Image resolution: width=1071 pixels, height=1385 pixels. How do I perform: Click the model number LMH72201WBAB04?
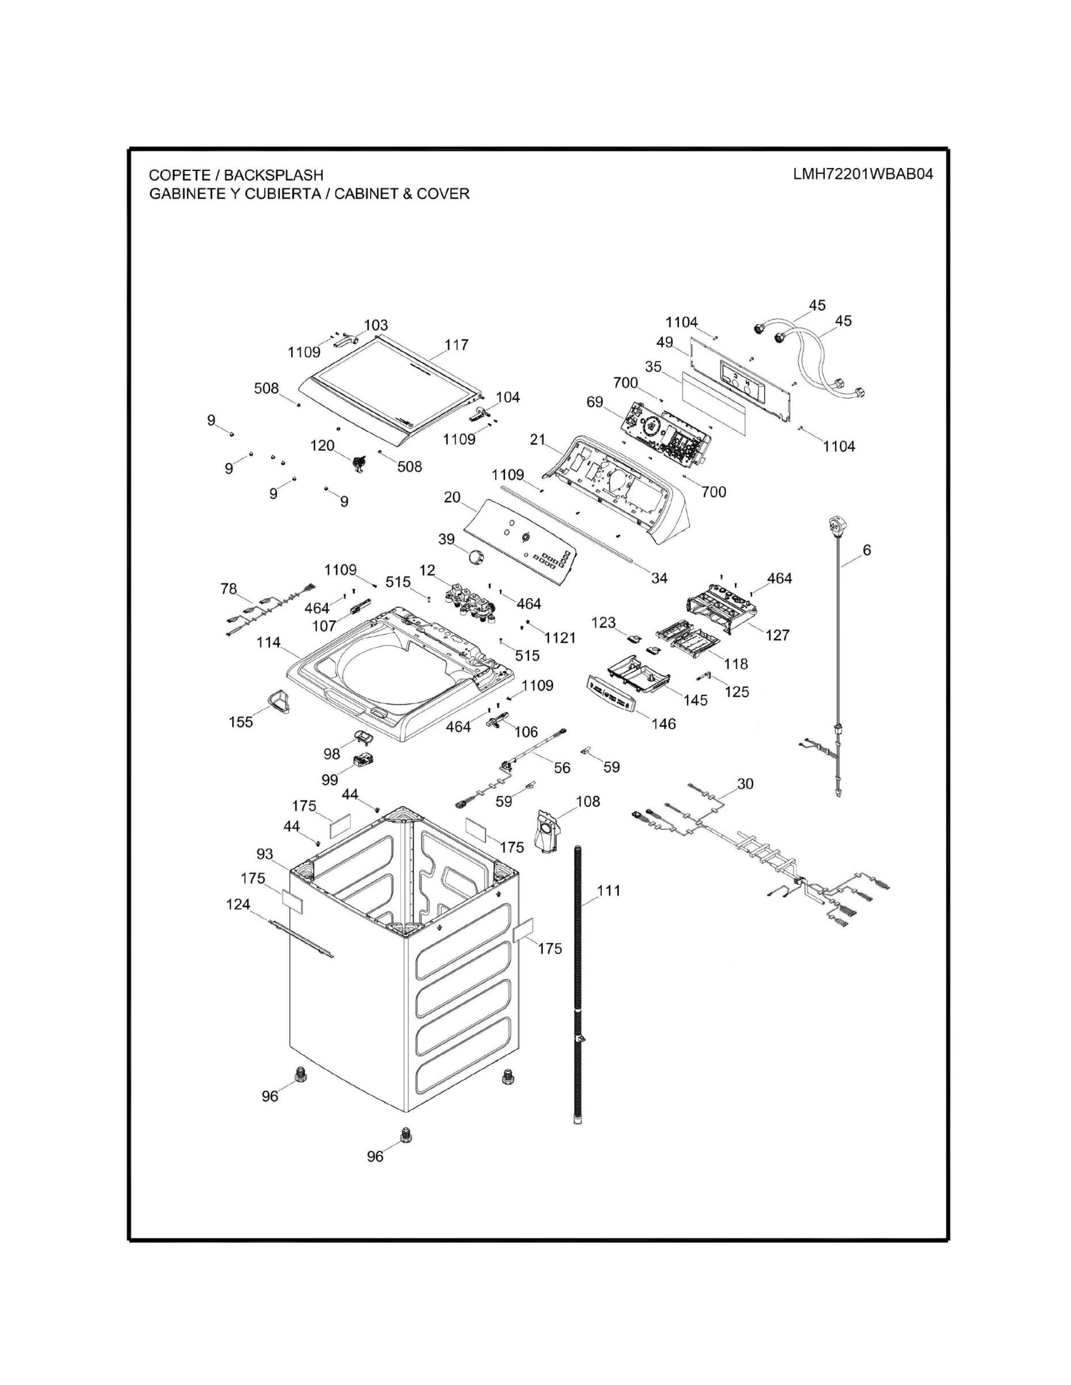pyautogui.click(x=863, y=175)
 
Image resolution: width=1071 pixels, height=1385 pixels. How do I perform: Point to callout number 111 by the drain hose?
pyautogui.click(x=609, y=891)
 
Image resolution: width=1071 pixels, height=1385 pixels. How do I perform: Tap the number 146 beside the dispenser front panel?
pyautogui.click(x=664, y=724)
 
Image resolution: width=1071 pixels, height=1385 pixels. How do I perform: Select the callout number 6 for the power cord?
pyautogui.click(x=867, y=551)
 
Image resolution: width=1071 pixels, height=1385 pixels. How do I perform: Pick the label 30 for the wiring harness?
pyautogui.click(x=745, y=784)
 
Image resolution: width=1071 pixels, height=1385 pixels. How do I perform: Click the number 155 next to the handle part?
pyautogui.click(x=241, y=722)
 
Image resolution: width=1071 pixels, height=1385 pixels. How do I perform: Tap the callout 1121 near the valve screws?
pyautogui.click(x=560, y=638)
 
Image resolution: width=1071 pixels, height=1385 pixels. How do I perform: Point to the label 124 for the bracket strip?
pyautogui.click(x=239, y=904)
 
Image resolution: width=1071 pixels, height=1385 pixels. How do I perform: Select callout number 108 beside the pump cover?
pyautogui.click(x=588, y=802)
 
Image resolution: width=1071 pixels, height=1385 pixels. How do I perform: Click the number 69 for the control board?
pyautogui.click(x=594, y=402)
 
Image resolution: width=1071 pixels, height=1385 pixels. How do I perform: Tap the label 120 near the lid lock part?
pyautogui.click(x=322, y=446)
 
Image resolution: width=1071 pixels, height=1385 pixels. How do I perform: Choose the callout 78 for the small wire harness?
pyautogui.click(x=228, y=589)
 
